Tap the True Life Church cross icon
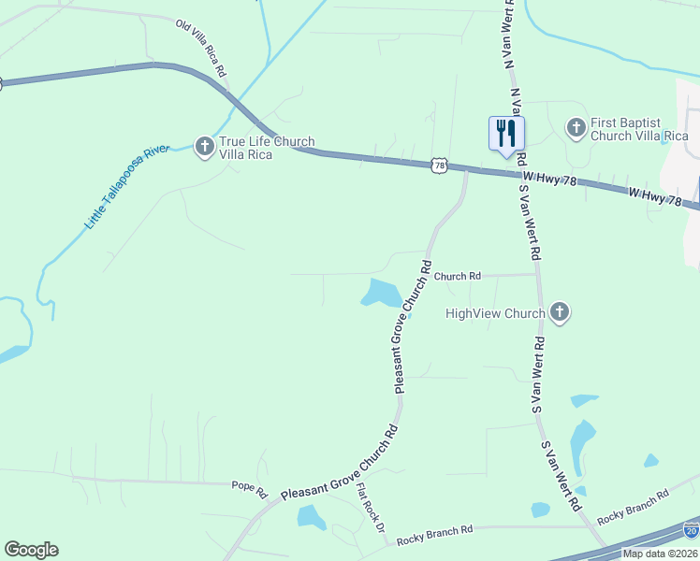pyautogui.click(x=204, y=146)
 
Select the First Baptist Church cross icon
pyautogui.click(x=576, y=126)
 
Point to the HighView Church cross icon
pyautogui.click(x=560, y=312)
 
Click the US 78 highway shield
pyautogui.click(x=440, y=165)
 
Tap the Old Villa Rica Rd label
pyautogui.click(x=201, y=47)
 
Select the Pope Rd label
pyautogui.click(x=249, y=486)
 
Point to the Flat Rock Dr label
pyautogui.click(x=370, y=515)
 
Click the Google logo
pyautogui.click(x=31, y=550)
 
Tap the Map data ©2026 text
pyautogui.click(x=660, y=554)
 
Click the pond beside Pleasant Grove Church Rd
pyautogui.click(x=382, y=293)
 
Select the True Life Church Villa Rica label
pyautogui.click(x=267, y=148)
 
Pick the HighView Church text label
pyautogui.click(x=495, y=313)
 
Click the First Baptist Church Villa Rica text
pyautogui.click(x=639, y=129)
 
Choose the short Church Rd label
pyautogui.click(x=457, y=276)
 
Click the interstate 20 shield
pyautogui.click(x=691, y=530)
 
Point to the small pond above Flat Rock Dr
pyautogui.click(x=311, y=516)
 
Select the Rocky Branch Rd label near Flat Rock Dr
pyautogui.click(x=434, y=534)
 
